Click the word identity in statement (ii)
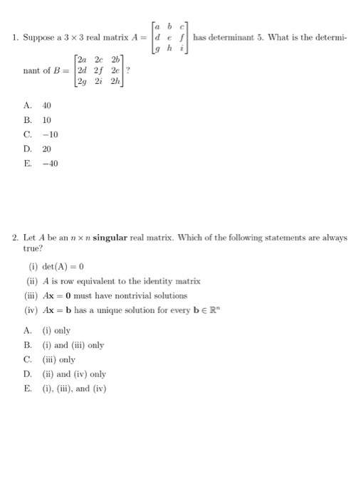tap(155, 281)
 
